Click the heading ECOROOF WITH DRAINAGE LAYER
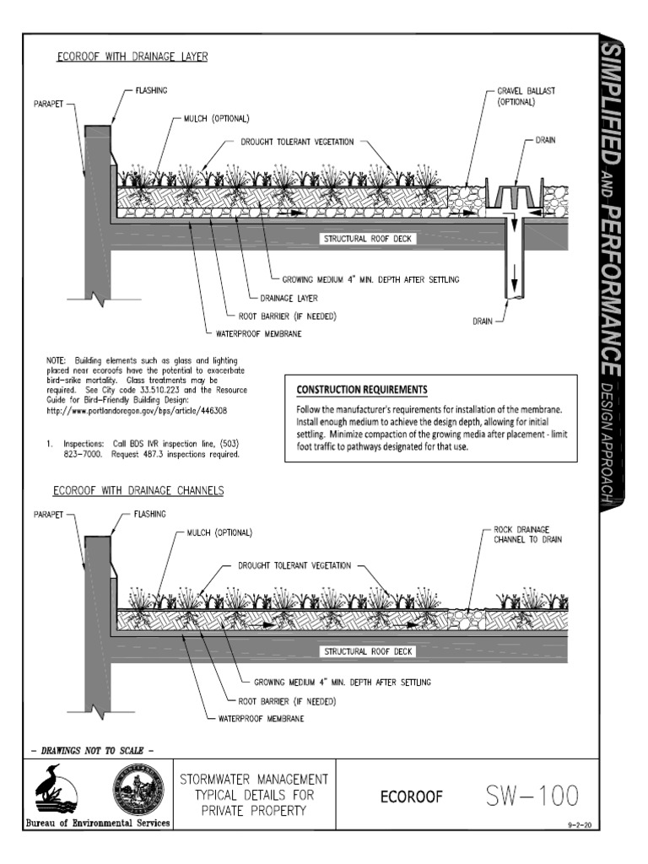click(x=132, y=57)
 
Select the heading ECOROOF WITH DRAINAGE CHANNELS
click(x=138, y=489)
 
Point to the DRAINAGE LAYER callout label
click(x=289, y=298)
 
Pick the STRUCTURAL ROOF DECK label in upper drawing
click(x=368, y=239)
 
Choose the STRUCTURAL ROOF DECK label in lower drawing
click(x=368, y=651)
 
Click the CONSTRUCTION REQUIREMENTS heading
click(x=361, y=390)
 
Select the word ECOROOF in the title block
click(x=412, y=796)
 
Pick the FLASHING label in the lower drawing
click(x=148, y=513)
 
